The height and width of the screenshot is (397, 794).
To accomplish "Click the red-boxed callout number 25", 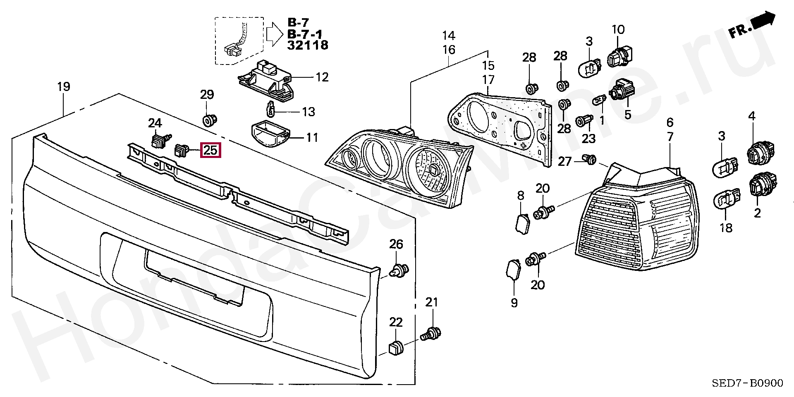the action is pos(210,150).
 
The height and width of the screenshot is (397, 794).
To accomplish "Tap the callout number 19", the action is pos(64,87).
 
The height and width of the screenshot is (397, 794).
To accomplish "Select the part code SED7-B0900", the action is pos(748,384).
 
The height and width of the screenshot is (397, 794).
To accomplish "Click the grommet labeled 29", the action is pos(210,120).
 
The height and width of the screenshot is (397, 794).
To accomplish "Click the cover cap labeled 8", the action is pos(522,223).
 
